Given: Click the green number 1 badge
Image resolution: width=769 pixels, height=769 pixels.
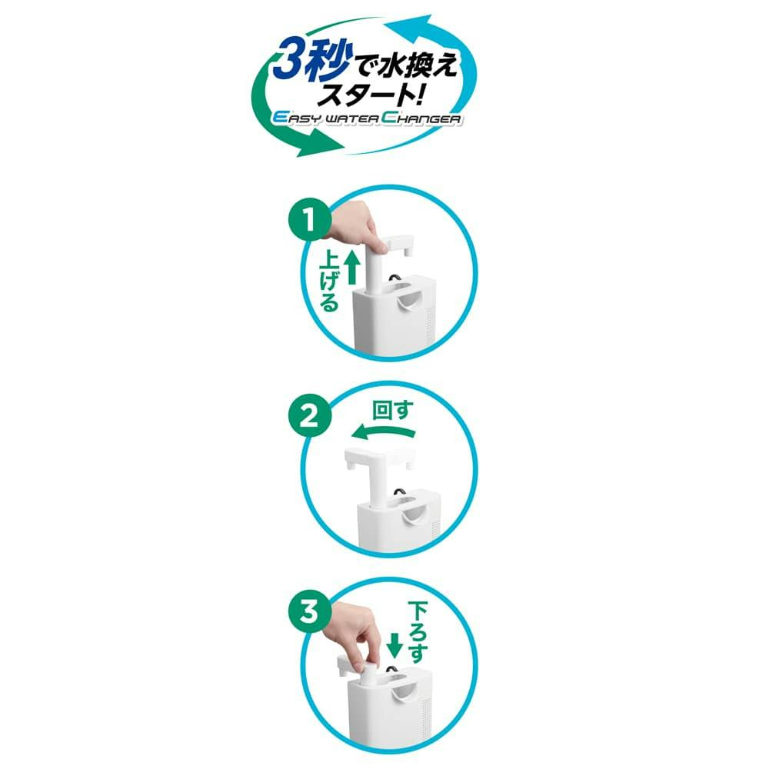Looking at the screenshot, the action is [x=309, y=220].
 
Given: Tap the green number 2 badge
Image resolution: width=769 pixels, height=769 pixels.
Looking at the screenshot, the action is [x=309, y=416].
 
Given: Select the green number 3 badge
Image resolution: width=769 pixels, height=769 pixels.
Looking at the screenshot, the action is [x=309, y=612].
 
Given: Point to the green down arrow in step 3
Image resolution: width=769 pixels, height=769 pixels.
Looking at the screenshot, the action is [x=394, y=645].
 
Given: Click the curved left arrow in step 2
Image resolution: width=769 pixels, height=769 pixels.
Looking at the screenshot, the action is [x=382, y=431].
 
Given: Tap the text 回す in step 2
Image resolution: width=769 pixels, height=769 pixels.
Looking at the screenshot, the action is [x=392, y=411].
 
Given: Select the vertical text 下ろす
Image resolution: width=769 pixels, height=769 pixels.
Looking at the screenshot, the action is [x=418, y=633].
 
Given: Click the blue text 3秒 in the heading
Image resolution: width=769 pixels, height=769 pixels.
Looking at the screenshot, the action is [x=311, y=60].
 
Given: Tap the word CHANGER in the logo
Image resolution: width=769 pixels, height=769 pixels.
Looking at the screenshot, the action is [x=421, y=118].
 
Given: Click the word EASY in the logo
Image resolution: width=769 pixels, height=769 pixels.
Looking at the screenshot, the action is [x=296, y=118].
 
